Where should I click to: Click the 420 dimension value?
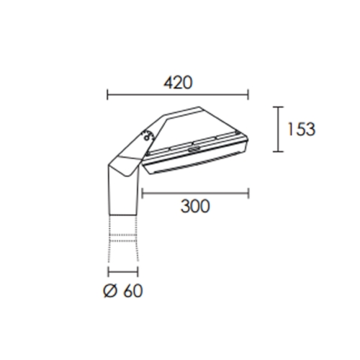178,83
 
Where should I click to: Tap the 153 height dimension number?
301,130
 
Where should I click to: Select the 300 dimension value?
195,206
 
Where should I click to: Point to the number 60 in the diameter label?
133,291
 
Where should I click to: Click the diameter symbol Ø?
111,291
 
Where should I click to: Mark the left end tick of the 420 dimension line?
107,95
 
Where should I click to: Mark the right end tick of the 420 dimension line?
248,95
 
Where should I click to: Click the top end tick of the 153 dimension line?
278,107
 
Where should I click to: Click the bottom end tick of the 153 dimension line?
278,151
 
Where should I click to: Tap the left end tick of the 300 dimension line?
143,194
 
